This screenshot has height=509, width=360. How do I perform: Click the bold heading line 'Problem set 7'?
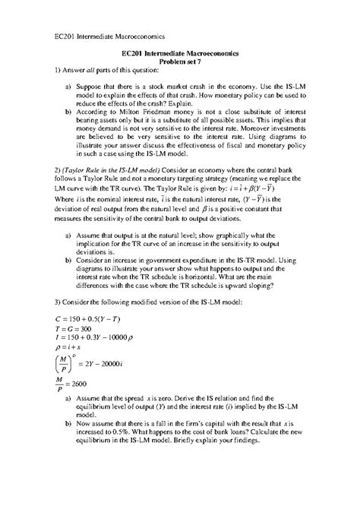point(180,65)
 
